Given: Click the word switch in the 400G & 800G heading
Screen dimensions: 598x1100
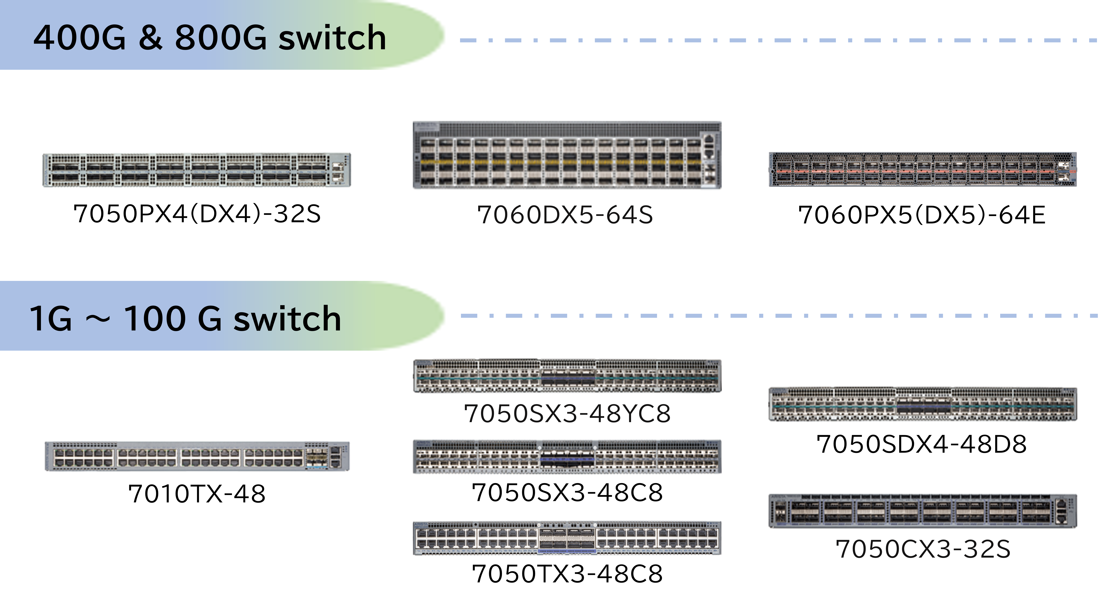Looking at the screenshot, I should [x=332, y=38].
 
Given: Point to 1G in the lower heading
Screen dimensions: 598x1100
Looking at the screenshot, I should [x=50, y=319].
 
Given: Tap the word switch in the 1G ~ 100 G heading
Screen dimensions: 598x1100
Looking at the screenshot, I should [x=287, y=319].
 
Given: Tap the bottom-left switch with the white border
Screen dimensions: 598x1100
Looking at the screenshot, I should [x=196, y=457].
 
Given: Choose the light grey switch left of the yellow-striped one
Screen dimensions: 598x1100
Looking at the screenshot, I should [x=196, y=170].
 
